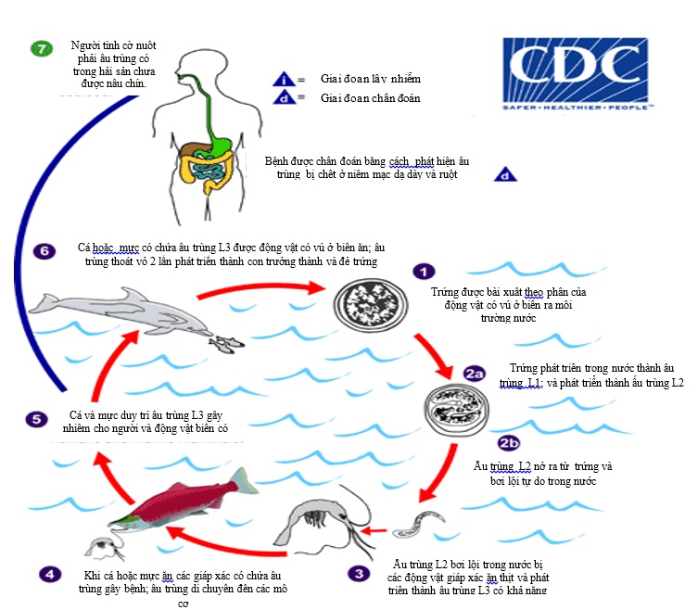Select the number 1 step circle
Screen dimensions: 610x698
pyautogui.click(x=423, y=272)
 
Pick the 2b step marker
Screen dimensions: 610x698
pyautogui.click(x=510, y=442)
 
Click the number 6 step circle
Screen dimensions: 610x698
pyautogui.click(x=40, y=251)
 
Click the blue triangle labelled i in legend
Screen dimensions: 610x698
pyautogui.click(x=286, y=80)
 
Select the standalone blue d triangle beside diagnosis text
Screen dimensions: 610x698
pyautogui.click(x=504, y=173)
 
